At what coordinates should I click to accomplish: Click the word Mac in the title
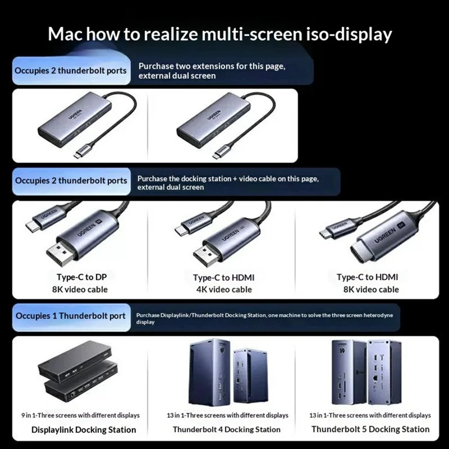tap(65, 34)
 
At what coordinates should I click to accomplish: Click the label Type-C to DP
tap(81, 277)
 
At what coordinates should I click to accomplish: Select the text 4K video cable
tap(224, 290)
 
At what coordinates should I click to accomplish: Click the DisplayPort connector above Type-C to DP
tap(61, 253)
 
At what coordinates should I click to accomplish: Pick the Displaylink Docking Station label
tap(84, 430)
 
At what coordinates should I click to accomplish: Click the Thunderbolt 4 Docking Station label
tap(227, 429)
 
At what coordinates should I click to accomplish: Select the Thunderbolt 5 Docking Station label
tap(370, 429)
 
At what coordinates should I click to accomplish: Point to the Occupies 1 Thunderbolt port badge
tap(71, 317)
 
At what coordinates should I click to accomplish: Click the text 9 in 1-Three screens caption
tap(80, 415)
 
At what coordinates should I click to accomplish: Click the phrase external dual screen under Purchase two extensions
tap(177, 76)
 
